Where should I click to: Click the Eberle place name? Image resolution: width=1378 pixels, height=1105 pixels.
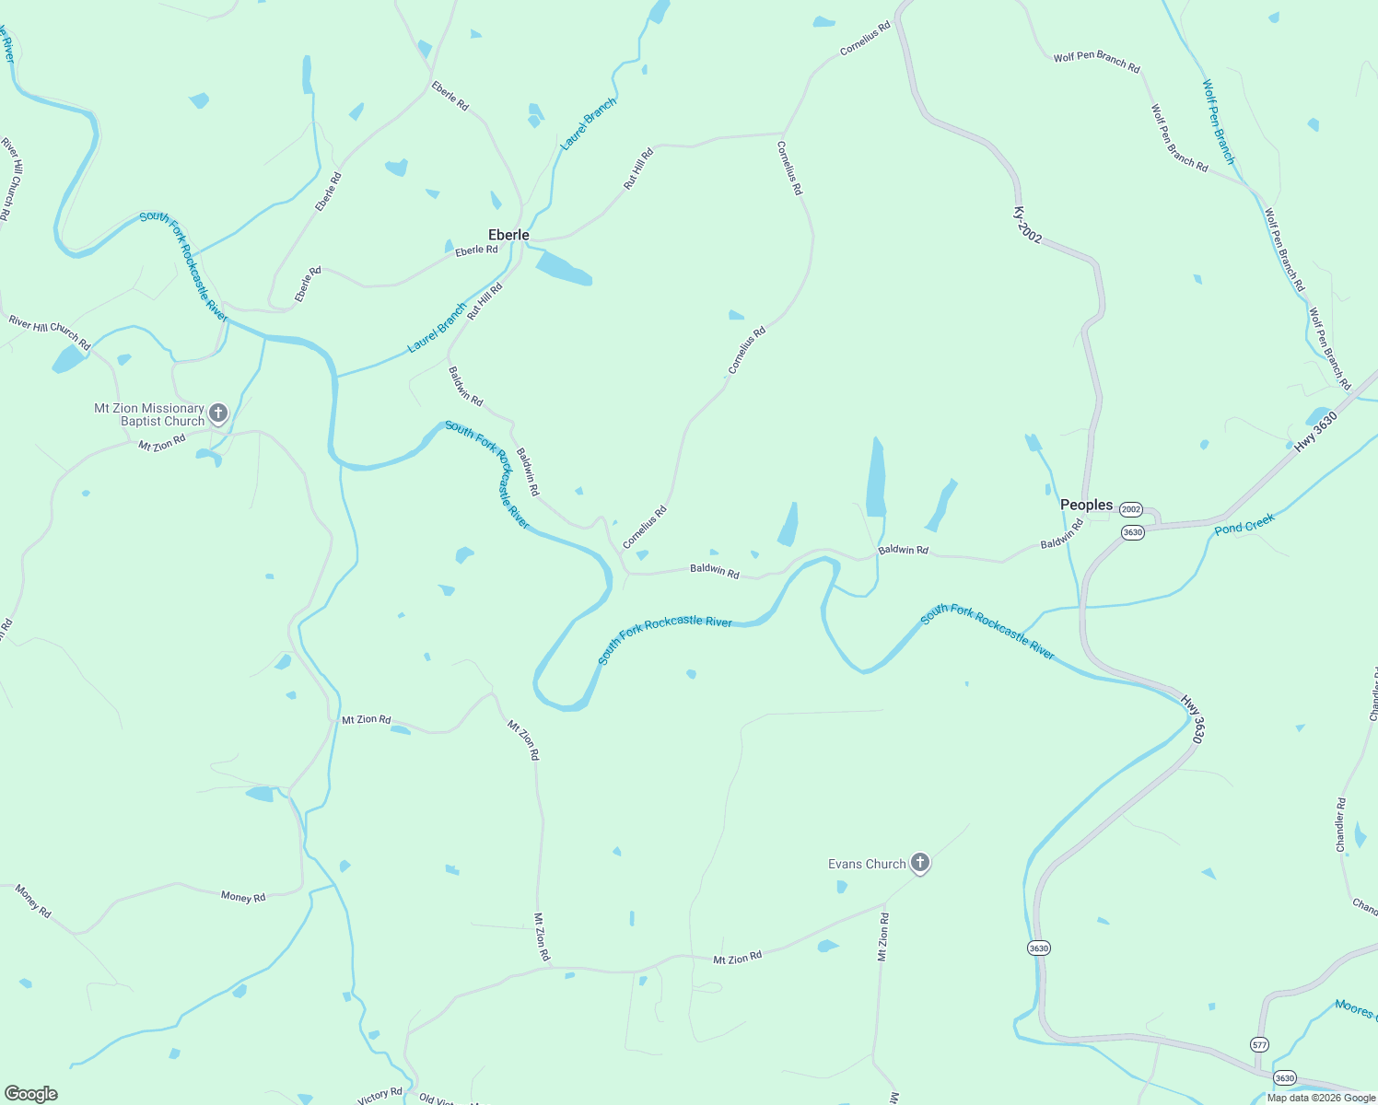pos(508,235)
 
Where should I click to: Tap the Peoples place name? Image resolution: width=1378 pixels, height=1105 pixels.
pos(1086,505)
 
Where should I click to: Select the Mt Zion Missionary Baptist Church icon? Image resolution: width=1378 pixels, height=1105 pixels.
pos(218,413)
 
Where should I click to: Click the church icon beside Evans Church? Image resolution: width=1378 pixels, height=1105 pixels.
pos(919,863)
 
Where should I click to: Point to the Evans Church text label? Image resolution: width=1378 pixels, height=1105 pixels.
pos(867,864)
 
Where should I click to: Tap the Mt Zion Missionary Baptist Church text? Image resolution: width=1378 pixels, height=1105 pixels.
pos(150,414)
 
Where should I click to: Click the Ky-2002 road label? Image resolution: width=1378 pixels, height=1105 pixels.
pos(1028,226)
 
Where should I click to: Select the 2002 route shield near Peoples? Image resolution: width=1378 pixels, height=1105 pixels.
pos(1131,509)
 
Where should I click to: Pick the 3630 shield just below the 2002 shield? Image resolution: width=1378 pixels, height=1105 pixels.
pos(1132,532)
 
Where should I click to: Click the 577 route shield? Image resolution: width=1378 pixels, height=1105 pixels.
pos(1259,1044)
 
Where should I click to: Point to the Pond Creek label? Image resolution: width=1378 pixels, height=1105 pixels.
pos(1244,526)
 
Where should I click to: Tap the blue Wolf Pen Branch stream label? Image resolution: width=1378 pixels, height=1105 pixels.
pos(1218,122)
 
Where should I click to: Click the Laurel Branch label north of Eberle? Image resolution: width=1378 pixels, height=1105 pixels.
pos(588,124)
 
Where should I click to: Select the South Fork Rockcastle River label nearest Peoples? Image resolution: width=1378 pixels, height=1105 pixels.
pos(987,633)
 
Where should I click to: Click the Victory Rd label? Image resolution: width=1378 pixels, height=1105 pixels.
pos(380,1096)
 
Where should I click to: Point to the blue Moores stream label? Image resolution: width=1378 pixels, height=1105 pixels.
pos(1355,1009)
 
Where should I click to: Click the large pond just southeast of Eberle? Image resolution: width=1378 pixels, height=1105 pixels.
pos(563,269)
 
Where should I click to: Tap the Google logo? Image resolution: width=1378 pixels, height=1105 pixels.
pos(30,1094)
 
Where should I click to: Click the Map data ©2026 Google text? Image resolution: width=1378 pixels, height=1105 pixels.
pos(1320,1098)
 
